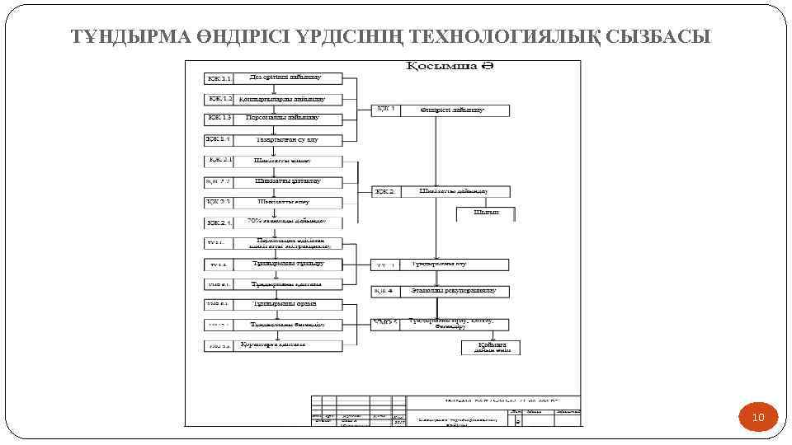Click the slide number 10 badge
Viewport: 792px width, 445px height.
758,419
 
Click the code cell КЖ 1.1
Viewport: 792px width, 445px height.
219,79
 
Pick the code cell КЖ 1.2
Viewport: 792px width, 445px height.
219,99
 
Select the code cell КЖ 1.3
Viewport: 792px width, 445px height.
219,119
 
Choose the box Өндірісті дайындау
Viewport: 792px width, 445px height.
455,110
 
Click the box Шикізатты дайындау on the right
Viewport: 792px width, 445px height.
455,191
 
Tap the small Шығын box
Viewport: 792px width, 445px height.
486,213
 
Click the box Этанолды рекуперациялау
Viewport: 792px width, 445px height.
455,292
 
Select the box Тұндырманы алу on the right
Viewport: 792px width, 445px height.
455,265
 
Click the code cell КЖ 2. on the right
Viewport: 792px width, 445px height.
385,191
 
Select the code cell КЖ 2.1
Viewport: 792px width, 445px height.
219,160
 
